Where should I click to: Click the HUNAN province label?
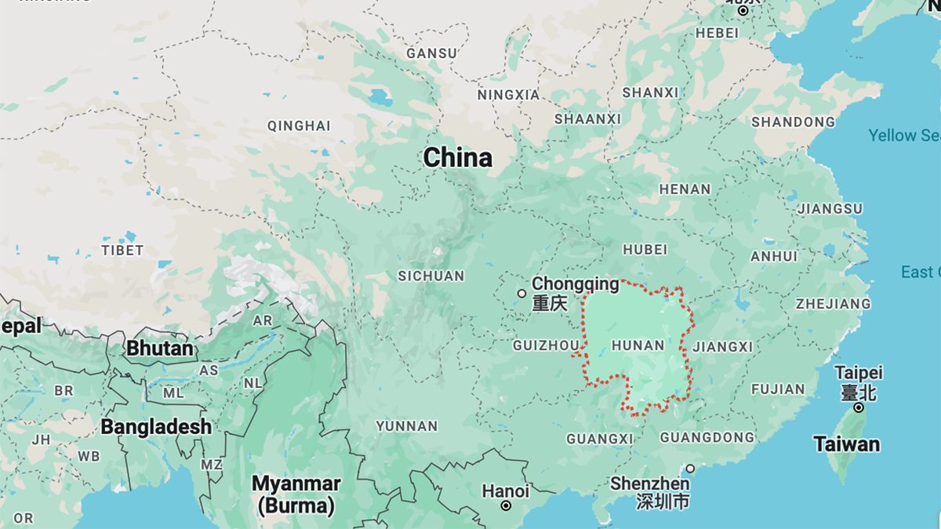(x=638, y=346)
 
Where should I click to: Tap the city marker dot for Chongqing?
(x=521, y=294)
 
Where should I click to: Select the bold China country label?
(x=458, y=158)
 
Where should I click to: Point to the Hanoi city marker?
(x=506, y=506)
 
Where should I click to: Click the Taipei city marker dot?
(x=859, y=408)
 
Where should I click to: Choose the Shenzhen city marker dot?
(x=690, y=469)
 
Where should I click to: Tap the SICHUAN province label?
(x=431, y=276)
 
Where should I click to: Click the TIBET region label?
(x=122, y=251)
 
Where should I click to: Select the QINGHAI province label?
(x=299, y=125)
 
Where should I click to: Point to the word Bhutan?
(x=160, y=347)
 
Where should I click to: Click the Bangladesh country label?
(x=156, y=427)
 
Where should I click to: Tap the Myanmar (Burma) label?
(x=296, y=495)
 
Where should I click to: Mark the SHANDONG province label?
(x=793, y=122)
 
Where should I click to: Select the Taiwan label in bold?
(x=846, y=444)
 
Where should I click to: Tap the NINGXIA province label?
(x=508, y=95)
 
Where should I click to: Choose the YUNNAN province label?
(x=406, y=426)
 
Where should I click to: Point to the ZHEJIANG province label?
(x=833, y=304)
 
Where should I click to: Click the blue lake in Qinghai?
(x=380, y=98)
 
